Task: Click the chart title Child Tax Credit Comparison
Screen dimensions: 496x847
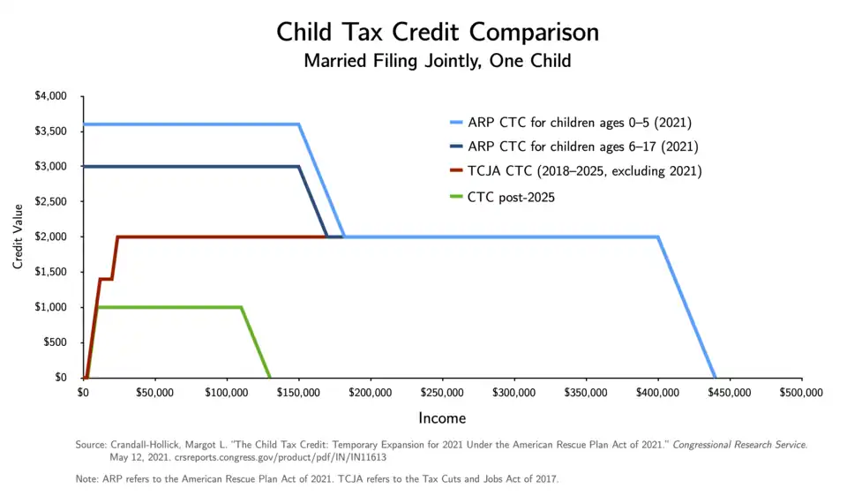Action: pos(438,32)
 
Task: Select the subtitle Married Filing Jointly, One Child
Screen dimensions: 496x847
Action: pos(438,61)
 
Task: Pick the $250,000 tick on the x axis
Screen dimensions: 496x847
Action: pos(442,392)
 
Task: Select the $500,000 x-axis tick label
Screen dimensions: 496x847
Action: pos(802,392)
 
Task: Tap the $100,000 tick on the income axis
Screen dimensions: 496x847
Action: pos(227,392)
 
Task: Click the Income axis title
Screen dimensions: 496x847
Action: pos(442,417)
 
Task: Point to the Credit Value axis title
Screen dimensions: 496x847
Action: pos(18,237)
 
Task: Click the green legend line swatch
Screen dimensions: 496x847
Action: pos(456,196)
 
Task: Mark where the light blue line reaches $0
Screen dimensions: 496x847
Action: pos(715,377)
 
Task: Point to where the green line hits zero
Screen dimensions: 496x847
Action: pos(269,377)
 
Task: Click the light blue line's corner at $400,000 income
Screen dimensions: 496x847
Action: pos(658,237)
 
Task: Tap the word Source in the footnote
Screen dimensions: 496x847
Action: pos(91,445)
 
